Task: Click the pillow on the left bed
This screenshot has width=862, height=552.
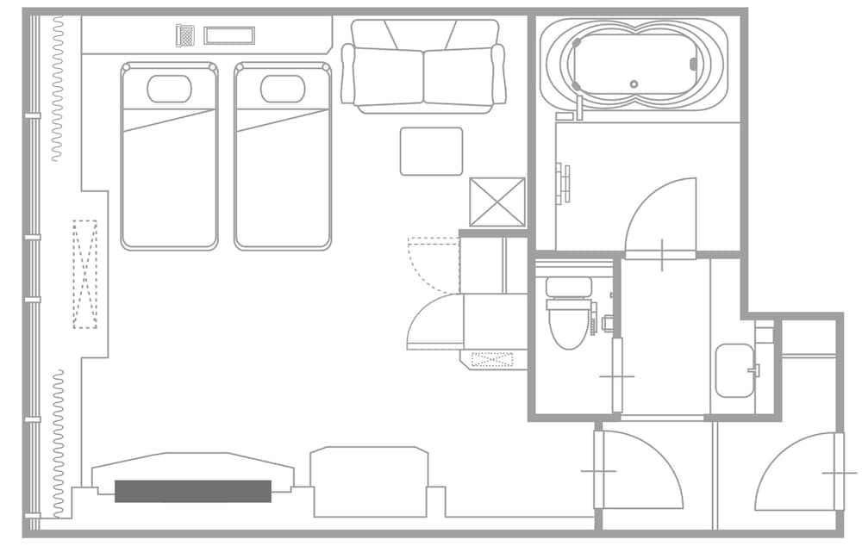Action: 169,89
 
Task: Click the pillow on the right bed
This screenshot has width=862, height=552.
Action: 283,89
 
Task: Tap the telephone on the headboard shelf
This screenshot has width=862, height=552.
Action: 184,35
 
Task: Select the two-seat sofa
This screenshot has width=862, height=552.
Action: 423,66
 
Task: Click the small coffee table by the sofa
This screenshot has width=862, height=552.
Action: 431,152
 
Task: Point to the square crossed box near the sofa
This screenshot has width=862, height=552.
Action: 497,202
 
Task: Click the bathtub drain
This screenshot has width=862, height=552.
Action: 634,84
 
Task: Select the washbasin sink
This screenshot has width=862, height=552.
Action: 734,370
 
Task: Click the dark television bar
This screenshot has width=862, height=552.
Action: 193,491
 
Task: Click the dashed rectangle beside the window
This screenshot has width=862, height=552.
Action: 85,274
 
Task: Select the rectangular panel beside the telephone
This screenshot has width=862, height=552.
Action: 229,35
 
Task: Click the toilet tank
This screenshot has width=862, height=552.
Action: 569,287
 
